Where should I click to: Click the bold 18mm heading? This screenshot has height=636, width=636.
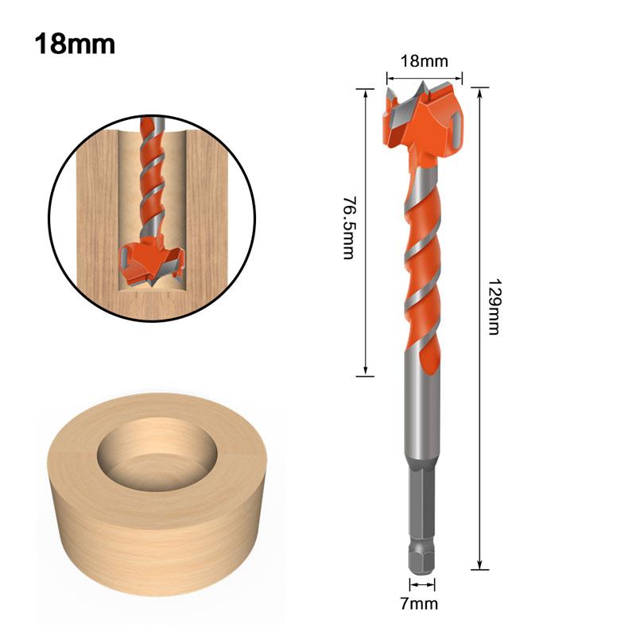pyautogui.click(x=75, y=43)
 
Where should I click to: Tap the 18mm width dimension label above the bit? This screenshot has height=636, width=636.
pyautogui.click(x=424, y=60)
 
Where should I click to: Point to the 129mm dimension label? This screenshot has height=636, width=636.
pyautogui.click(x=493, y=306)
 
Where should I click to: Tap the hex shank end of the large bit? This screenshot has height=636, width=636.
pyautogui.click(x=422, y=549)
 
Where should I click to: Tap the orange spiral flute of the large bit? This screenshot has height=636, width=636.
pyautogui.click(x=421, y=262)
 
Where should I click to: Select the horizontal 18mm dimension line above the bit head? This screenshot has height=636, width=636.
pyautogui.click(x=424, y=77)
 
